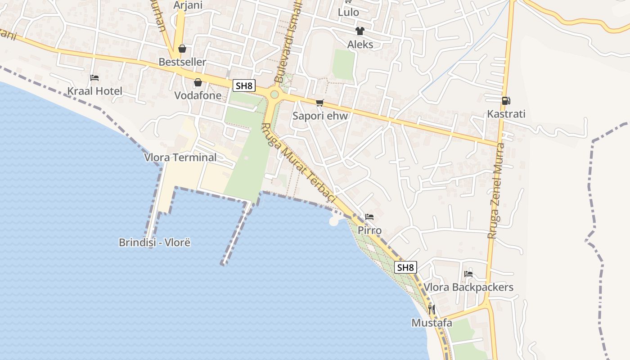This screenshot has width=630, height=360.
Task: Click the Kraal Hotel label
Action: coord(94,91)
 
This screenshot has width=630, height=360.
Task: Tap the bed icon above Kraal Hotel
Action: coord(94,78)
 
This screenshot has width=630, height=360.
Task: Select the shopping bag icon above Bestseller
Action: coord(182,49)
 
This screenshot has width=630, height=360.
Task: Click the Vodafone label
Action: coord(198,95)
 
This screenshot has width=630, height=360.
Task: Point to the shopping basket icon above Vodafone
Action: coord(198,82)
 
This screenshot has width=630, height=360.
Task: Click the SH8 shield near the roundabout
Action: coord(244,85)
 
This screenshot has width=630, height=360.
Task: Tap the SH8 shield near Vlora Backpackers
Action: coord(405,267)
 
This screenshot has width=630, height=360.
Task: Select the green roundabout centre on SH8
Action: coord(274,94)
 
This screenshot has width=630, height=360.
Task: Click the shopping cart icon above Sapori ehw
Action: coord(320,103)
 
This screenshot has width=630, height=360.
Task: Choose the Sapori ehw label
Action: coord(320,116)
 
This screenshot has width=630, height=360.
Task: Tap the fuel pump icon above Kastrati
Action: coord(506,101)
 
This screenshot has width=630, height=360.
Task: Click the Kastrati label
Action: coord(506,114)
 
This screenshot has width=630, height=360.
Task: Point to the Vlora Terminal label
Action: coord(180,157)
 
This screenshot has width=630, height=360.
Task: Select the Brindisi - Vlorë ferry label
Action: coord(155,243)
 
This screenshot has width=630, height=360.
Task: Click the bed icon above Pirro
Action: coord(369,217)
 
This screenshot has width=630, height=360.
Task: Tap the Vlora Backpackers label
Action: coord(468,287)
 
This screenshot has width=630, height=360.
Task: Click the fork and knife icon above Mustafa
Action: coord(432,310)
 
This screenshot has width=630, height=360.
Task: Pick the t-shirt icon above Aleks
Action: coord(360,31)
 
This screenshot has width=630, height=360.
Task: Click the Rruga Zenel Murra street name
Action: coord(496,191)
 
